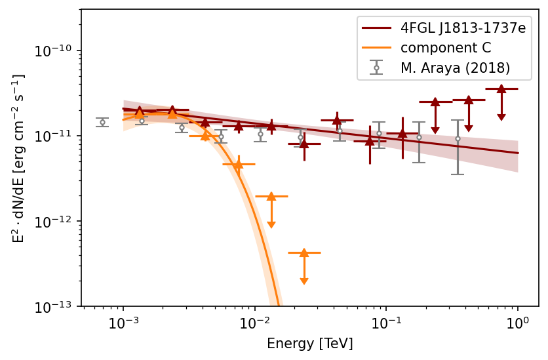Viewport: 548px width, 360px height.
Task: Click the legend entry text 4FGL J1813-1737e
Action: [463, 29]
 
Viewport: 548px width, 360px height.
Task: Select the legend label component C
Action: [446, 48]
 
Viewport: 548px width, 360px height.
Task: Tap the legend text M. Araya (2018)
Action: [455, 68]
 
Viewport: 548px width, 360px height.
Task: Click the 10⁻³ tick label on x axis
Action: [123, 323]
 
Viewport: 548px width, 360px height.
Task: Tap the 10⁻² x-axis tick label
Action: [254, 323]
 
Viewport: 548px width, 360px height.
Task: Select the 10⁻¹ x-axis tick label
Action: [386, 323]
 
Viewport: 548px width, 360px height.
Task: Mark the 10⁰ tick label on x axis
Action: [518, 323]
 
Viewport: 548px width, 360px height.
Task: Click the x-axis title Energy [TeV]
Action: [309, 344]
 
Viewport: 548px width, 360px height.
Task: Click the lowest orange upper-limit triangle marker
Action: [304, 252]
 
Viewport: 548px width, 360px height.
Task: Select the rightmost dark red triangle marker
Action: [501, 89]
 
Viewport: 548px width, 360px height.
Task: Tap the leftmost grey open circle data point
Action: [102, 122]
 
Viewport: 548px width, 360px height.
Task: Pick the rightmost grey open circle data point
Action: [458, 139]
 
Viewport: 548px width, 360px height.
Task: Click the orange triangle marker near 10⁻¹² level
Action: [271, 196]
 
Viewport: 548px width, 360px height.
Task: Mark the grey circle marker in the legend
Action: [376, 68]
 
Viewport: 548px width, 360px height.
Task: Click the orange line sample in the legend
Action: [376, 48]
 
